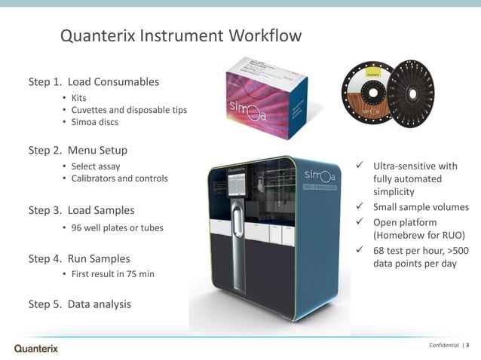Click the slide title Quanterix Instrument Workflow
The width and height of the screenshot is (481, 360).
tap(180, 36)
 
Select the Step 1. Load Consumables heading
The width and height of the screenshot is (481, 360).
tap(93, 81)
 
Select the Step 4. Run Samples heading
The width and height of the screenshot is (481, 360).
tap(79, 258)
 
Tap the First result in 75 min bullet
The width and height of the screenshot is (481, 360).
tap(112, 274)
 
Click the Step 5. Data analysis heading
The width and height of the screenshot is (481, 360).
tap(79, 304)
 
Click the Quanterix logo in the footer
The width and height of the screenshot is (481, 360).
tap(36, 348)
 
